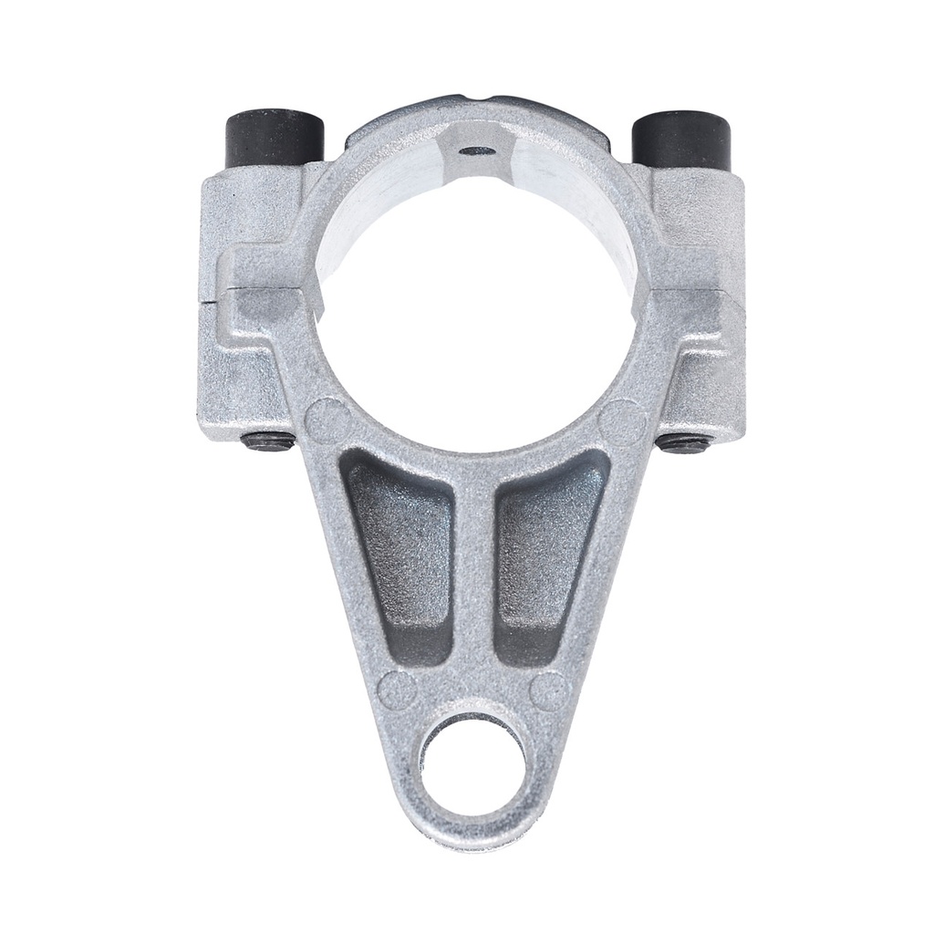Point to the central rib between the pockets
[474, 584]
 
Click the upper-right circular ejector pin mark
[623, 418]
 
